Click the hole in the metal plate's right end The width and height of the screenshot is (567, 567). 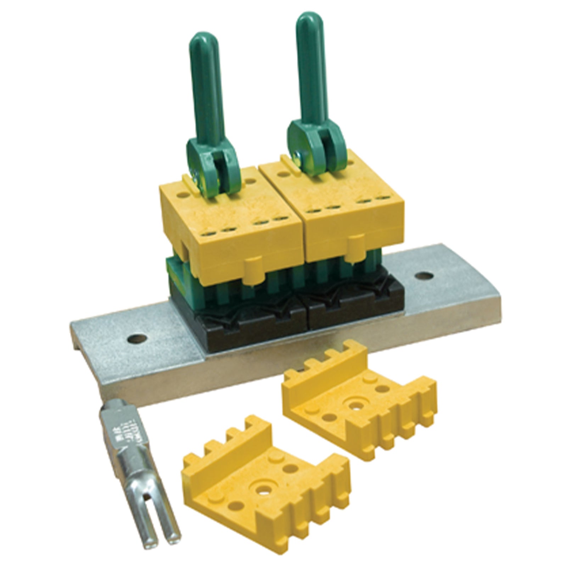coord(424,276)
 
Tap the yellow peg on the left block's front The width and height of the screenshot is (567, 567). coord(251,266)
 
